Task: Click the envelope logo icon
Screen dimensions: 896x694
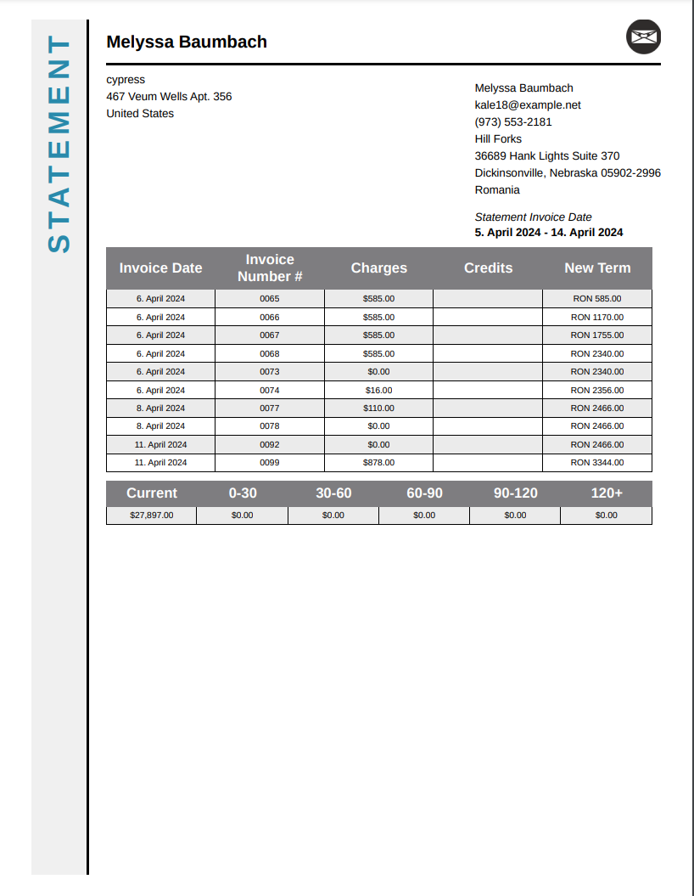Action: point(643,37)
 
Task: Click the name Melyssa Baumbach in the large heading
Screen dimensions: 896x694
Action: point(187,42)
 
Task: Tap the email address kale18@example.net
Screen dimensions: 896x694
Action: point(528,104)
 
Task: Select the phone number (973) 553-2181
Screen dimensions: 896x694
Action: point(513,121)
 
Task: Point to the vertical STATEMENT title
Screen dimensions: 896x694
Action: point(59,144)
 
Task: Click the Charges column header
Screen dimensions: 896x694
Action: point(378,268)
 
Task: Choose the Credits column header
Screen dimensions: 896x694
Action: point(488,268)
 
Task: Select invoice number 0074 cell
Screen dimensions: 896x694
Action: point(269,390)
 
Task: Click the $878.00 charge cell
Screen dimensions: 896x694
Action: point(378,463)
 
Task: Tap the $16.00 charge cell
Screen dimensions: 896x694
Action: point(378,390)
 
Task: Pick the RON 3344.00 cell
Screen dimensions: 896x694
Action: point(596,463)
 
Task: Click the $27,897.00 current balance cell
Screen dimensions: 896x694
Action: point(151,516)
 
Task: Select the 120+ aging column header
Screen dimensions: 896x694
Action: point(607,493)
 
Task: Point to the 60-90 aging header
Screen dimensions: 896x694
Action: point(424,493)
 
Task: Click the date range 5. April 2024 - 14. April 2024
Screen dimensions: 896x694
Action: point(549,233)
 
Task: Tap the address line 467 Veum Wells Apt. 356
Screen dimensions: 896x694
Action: point(169,96)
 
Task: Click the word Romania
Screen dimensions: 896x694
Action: point(497,189)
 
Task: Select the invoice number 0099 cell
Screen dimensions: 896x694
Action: point(269,463)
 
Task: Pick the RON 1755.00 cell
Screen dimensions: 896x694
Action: point(596,335)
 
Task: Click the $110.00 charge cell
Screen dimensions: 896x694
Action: point(378,409)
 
